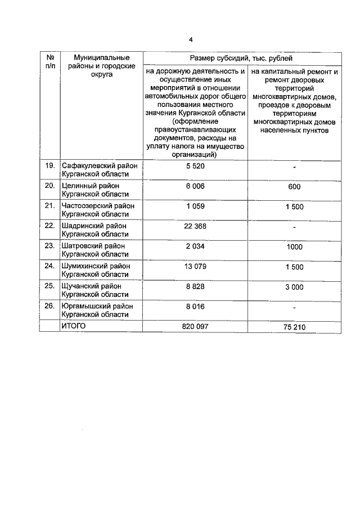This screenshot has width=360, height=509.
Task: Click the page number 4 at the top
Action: [x=191, y=39]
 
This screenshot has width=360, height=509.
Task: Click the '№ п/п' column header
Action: [x=50, y=62]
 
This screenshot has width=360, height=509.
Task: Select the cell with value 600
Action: [x=294, y=187]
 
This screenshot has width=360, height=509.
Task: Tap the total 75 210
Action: [x=294, y=327]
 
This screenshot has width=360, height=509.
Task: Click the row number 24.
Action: [x=49, y=266]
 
